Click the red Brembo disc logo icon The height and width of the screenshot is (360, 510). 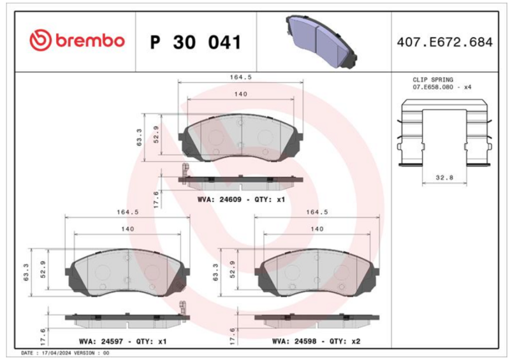pos(40,40)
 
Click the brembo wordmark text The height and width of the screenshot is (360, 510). pos(90,40)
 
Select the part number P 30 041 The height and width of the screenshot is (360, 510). pos(196,42)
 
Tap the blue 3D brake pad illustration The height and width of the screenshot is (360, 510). pos(321,41)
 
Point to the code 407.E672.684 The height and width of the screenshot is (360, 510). pos(444,42)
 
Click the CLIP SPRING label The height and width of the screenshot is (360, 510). pos(433,80)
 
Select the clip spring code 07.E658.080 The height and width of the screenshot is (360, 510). pos(433,87)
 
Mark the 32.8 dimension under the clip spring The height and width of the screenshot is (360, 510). pos(444,178)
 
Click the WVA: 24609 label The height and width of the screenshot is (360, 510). pos(219,199)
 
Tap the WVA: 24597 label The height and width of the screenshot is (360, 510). pos(101,342)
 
